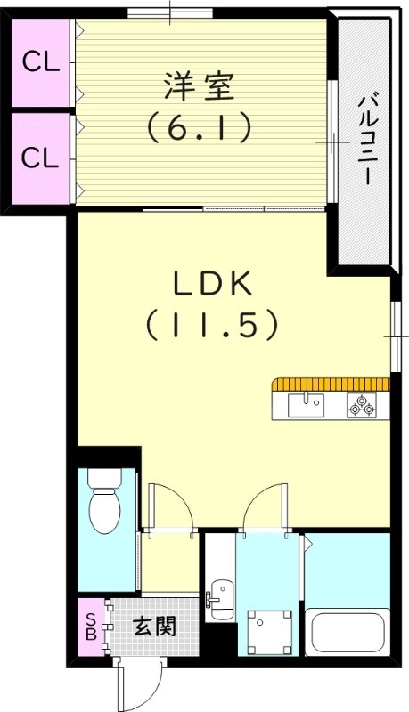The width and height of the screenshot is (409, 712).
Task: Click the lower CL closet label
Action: (x=40, y=158)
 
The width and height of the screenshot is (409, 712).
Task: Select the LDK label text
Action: (x=213, y=284)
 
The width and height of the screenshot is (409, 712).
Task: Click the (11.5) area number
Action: (x=213, y=325)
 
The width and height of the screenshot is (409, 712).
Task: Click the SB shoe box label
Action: (x=90, y=626)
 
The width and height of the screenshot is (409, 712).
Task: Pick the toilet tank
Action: (x=105, y=481)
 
